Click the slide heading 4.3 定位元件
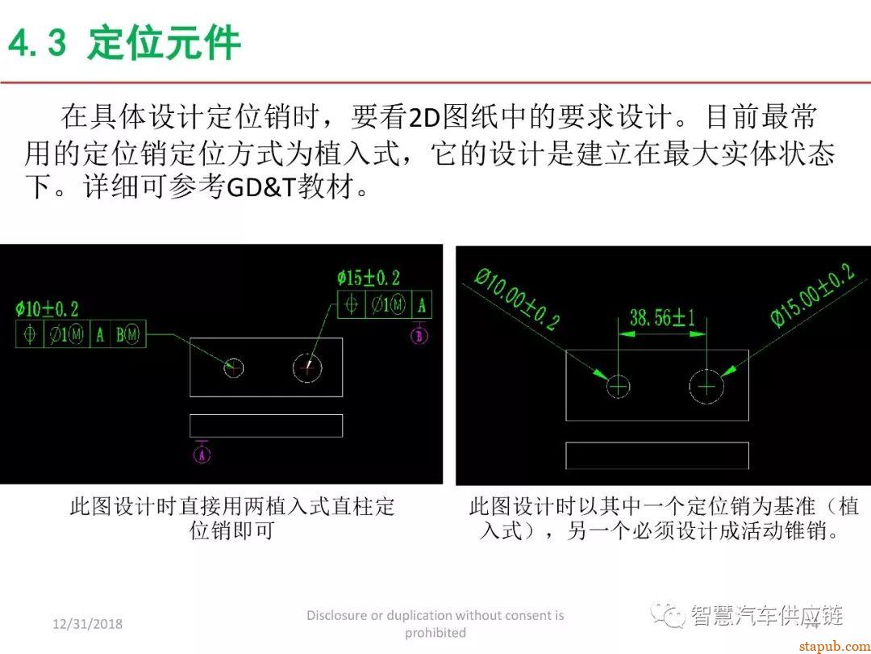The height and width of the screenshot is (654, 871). point(124,43)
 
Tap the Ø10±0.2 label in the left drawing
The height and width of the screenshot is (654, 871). point(47,308)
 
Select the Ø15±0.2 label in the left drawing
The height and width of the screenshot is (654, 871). point(369,279)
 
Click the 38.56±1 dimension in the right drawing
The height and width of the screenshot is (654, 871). point(662,318)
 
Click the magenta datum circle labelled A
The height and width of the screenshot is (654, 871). point(202,455)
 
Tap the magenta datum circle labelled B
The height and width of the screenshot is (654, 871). point(419,337)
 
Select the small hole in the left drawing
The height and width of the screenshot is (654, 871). point(233,368)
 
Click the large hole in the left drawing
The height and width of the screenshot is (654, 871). point(306,368)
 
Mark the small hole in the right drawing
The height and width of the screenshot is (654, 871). point(618,388)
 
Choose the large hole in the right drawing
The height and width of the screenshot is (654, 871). point(706,388)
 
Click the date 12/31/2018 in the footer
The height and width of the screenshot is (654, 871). point(88,624)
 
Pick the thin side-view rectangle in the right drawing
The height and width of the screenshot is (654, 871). point(656,455)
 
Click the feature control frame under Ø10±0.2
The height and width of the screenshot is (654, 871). point(81,334)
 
